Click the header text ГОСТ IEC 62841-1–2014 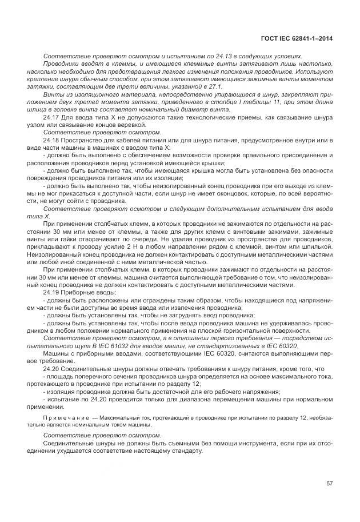296,39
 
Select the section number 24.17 51,117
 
